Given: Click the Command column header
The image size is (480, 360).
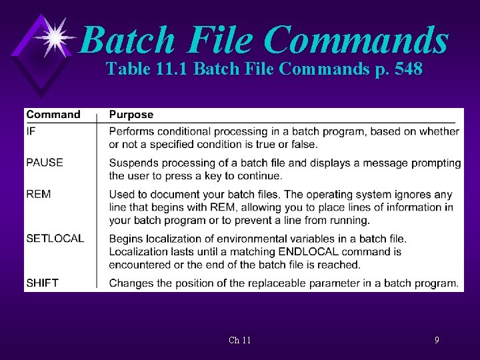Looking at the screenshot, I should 53,115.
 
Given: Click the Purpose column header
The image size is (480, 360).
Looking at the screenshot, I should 131,115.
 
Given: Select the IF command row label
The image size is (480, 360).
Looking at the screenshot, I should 31,131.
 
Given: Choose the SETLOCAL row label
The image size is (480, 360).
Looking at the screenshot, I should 55,239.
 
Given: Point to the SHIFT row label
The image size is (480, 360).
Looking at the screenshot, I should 42,283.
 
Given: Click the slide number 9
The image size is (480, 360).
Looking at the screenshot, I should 437,340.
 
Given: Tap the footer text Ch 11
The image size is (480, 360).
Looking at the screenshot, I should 239,340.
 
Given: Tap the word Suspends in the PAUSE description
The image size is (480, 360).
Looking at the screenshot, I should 133,163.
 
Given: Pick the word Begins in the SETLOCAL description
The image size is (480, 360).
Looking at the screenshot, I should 126,239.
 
